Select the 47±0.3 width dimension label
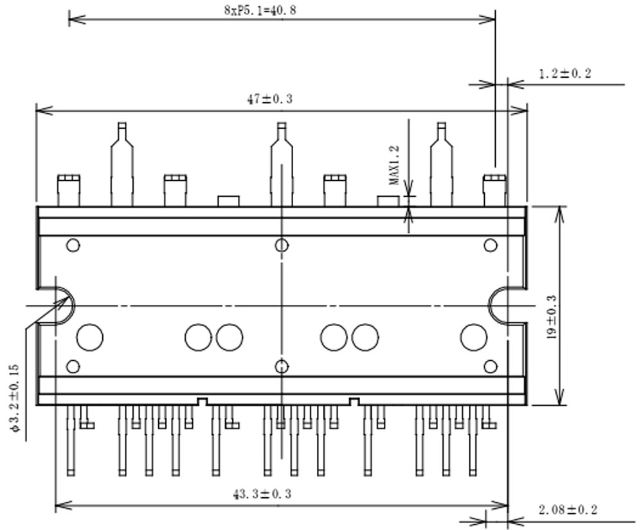269,99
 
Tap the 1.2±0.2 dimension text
565,73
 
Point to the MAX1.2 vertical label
394,165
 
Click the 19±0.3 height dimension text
552,318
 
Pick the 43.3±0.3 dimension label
262,494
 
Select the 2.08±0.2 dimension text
568,510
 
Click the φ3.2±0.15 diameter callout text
15,398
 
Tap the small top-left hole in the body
73,245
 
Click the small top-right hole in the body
490,245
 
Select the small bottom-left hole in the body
73,367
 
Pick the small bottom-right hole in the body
490,367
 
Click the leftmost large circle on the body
90,338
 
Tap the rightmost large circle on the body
473,338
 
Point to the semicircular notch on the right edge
498,305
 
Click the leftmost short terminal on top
68,190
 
